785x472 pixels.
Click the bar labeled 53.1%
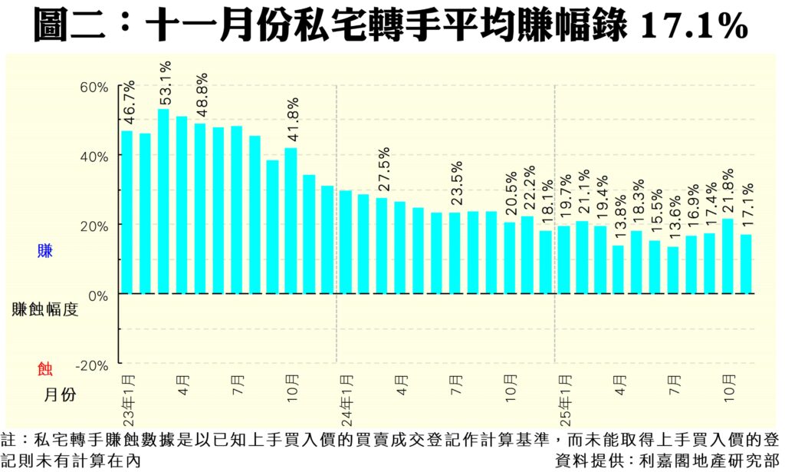[163, 201]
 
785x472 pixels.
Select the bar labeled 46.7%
[127, 212]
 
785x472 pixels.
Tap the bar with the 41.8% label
[291, 220]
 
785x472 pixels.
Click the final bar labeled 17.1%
[746, 264]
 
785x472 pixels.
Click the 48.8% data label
[202, 94]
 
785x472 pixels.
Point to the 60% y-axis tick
[94, 86]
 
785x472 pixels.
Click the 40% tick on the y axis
[94, 156]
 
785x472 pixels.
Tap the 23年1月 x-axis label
[128, 400]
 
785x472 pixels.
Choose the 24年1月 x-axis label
[347, 400]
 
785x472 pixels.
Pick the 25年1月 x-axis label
[565, 400]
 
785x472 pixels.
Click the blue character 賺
[45, 250]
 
